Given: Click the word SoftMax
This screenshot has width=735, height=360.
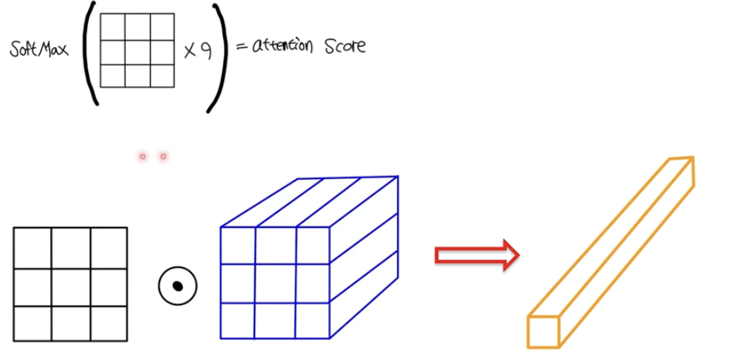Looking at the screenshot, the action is (40, 50).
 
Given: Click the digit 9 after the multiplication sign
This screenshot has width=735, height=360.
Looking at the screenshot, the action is (205, 52).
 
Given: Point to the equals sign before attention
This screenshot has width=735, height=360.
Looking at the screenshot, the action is (241, 47).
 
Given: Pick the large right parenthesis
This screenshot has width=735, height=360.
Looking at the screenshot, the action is (220, 57).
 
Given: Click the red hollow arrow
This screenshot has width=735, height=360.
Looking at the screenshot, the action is (476, 255).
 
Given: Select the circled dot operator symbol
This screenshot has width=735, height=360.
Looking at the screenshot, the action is (178, 286).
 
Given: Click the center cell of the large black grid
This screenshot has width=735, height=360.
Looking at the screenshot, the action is (71, 286).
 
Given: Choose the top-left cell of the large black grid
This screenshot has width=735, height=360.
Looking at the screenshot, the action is (32, 248).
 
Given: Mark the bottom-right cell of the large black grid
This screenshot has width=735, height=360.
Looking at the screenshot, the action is (109, 324).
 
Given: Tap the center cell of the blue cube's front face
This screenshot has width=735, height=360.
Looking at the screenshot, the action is (275, 283).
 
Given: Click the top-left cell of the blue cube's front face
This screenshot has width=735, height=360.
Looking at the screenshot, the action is (237, 245).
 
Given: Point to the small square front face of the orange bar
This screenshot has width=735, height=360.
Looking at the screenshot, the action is (543, 333).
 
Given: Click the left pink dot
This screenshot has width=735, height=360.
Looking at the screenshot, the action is (142, 156).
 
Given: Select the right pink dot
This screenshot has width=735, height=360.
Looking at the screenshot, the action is (163, 156).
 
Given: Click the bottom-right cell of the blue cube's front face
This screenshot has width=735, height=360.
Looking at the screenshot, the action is (312, 321).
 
